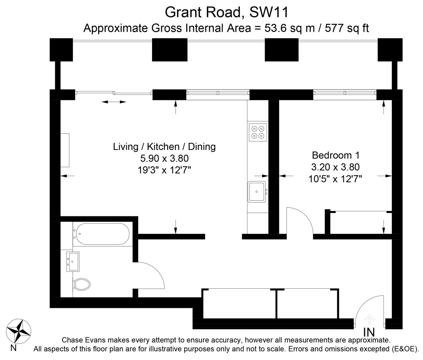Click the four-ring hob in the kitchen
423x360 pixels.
[258, 132]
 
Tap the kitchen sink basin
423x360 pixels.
[257, 192]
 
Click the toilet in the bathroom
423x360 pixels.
[82, 284]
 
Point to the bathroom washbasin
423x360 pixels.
[73, 262]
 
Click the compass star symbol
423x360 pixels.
[19, 332]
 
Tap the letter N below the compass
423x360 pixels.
[13, 348]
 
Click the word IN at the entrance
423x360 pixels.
[369, 332]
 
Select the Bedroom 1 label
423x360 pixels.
[336, 156]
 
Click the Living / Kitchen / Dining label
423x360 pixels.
[164, 147]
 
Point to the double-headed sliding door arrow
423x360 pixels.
[114, 102]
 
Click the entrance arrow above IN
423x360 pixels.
[369, 319]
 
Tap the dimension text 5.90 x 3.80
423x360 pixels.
[164, 158]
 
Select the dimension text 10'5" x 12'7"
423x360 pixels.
[335, 179]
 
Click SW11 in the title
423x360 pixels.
[269, 12]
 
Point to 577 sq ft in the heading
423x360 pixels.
[347, 28]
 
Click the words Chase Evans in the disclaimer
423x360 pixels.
[84, 340]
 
